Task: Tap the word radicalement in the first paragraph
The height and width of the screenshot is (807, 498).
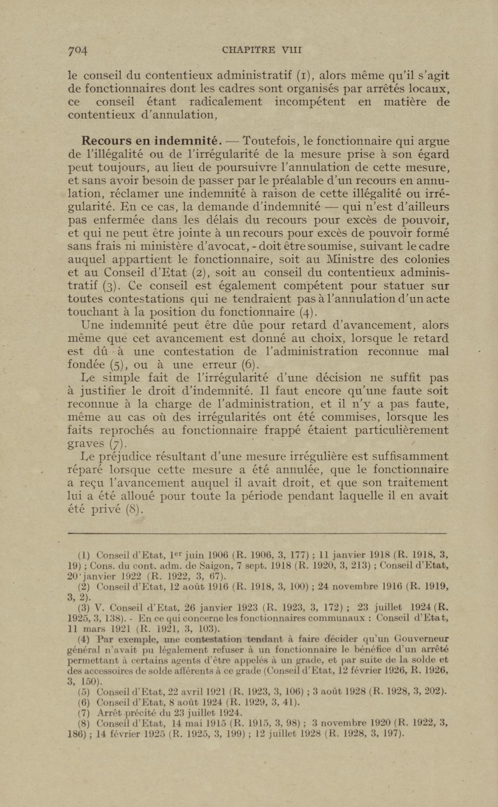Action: coord(226,102)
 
